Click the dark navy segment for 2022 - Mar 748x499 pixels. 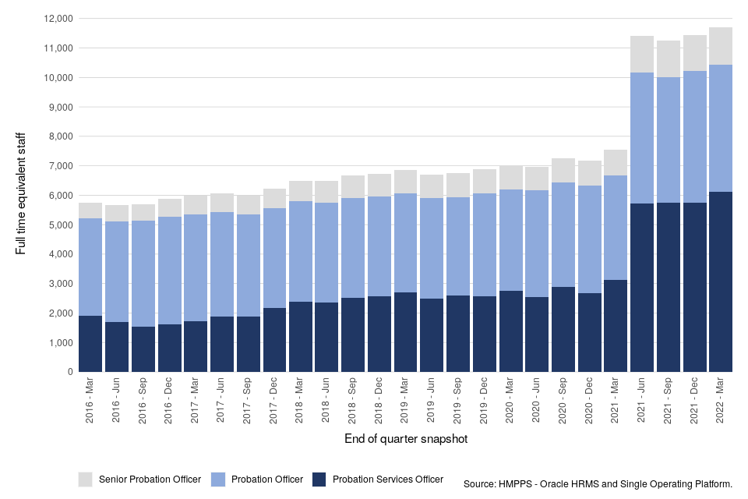click(721, 281)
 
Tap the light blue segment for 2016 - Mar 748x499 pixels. click(90, 267)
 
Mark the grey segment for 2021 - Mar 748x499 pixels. click(616, 162)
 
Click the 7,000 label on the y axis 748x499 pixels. click(58, 166)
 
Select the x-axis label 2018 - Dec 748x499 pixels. click(379, 402)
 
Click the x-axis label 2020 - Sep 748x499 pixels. click(563, 402)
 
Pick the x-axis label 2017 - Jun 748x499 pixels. click(222, 402)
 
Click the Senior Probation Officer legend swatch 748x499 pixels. click(86, 479)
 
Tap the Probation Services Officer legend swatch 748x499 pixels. click(319, 479)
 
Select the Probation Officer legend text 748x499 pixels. click(267, 480)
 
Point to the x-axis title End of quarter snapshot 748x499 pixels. click(406, 440)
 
